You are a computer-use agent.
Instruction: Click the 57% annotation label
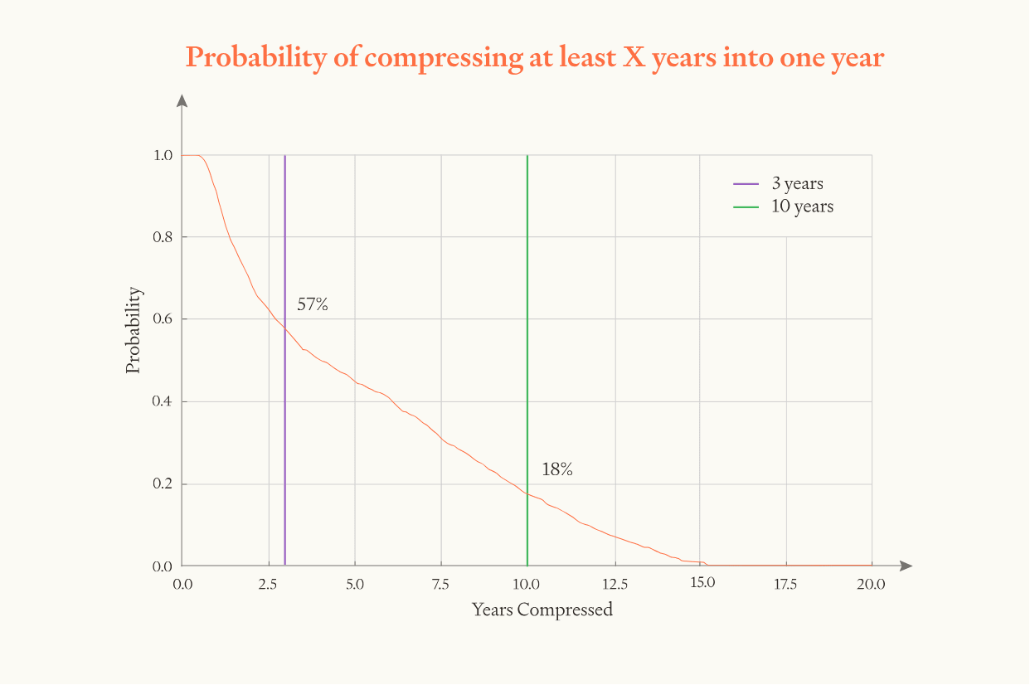313,305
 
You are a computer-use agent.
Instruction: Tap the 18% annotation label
557,469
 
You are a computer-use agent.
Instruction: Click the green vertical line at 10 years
527,332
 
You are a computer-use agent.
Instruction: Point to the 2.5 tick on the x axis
268,584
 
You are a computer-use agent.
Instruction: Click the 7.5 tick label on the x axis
440,584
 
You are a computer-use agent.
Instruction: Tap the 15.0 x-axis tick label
702,584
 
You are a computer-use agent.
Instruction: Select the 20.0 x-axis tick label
871,584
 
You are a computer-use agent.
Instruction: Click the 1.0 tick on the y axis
163,155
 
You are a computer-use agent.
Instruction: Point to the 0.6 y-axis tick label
163,319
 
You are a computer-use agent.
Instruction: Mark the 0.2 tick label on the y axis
163,484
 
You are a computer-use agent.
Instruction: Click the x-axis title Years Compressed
542,610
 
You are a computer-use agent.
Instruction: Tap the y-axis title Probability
134,331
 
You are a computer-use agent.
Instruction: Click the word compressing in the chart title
427,58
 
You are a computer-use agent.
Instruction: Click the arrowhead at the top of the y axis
182,100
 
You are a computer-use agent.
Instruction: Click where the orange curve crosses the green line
527,493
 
